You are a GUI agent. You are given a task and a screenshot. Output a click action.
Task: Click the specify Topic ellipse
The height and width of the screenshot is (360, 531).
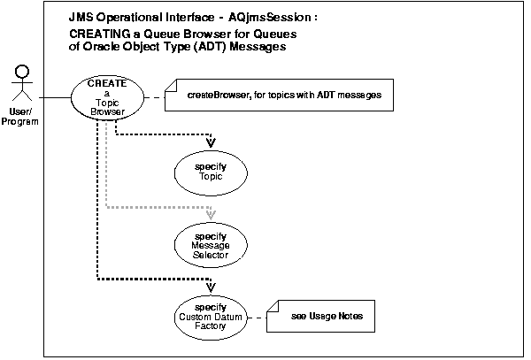pyautogui.click(x=210, y=172)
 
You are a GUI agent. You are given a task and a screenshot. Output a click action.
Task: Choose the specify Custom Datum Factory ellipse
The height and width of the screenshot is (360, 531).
pyautogui.click(x=210, y=317)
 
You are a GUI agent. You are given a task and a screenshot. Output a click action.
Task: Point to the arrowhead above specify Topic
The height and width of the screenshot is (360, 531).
pyautogui.click(x=210, y=142)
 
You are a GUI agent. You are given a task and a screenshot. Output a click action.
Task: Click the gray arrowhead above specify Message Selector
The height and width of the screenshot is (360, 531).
pyautogui.click(x=210, y=214)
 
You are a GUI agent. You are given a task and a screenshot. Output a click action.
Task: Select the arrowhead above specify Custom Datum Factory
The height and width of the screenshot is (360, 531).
pyautogui.click(x=210, y=286)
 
